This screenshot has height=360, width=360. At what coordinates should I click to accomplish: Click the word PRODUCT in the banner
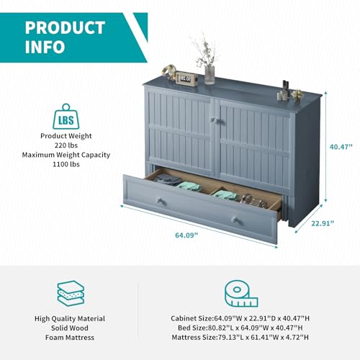tap(65, 28)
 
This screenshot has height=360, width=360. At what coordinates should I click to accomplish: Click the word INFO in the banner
tap(45, 47)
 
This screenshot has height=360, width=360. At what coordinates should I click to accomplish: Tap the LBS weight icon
tap(66, 117)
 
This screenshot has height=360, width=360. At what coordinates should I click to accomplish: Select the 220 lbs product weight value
tap(66, 145)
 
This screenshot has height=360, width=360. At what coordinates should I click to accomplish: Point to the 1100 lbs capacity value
tap(66, 164)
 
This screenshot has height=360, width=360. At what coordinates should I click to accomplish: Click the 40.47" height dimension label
tap(341, 147)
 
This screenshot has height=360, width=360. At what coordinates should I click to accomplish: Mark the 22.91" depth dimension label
tap(323, 223)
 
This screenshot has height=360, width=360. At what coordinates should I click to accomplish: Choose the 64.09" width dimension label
tap(186, 235)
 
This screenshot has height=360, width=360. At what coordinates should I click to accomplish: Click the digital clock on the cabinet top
tap(186, 78)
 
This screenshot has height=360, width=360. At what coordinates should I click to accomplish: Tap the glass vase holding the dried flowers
tap(210, 75)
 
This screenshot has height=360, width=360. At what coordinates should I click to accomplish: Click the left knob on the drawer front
tap(159, 200)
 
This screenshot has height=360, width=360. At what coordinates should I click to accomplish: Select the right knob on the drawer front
tap(235, 220)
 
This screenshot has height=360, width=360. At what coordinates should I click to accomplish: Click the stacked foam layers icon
tap(71, 293)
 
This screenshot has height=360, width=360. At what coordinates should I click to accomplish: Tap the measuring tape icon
tap(241, 294)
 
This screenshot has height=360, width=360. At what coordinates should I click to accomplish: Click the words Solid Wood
tap(70, 328)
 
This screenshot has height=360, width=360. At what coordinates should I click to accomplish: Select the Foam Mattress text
tap(70, 338)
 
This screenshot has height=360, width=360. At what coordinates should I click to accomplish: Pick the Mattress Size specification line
tap(240, 338)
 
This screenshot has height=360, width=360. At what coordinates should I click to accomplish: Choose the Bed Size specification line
tap(240, 328)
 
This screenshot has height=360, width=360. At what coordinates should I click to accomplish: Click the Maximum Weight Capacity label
tap(66, 155)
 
